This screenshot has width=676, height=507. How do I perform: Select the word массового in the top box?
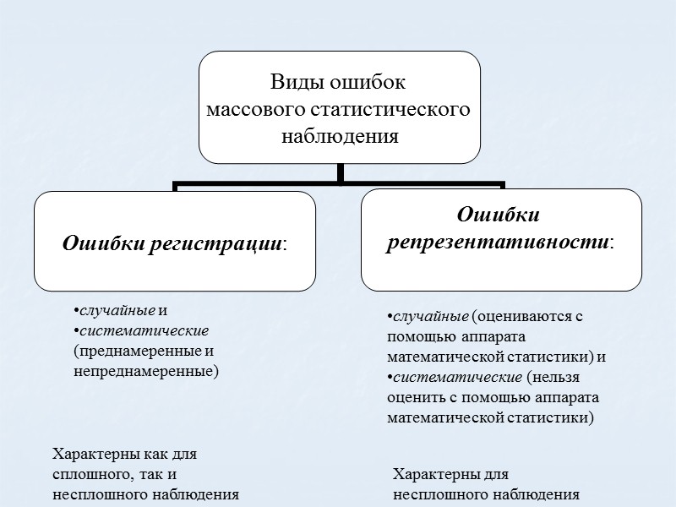click(x=255, y=109)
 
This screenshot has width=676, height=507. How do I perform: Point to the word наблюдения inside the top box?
click(x=340, y=135)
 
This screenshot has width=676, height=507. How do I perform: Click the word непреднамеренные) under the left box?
click(x=146, y=370)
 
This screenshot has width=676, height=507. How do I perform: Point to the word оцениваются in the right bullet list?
click(x=520, y=317)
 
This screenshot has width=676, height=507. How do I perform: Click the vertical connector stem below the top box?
click(x=340, y=172)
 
